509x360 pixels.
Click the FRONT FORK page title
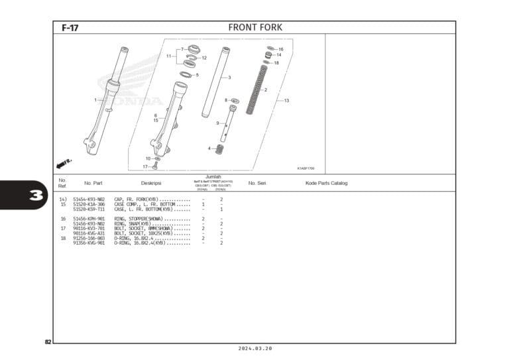[255, 27]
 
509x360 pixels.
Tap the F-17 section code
[70, 28]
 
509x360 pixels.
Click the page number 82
[48, 342]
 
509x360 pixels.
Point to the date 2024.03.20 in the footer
[254, 349]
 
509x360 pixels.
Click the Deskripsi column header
[151, 183]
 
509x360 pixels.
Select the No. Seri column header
[257, 183]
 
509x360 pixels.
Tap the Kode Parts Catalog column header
[326, 183]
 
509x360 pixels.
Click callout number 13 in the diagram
[287, 101]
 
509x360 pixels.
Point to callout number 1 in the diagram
[95, 100]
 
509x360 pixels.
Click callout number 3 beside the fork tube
[229, 78]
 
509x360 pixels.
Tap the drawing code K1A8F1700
[306, 168]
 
